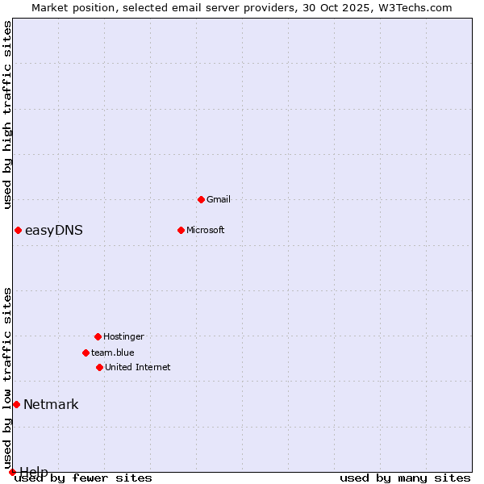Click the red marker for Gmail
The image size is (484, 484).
click(x=201, y=199)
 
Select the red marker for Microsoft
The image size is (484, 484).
click(x=181, y=230)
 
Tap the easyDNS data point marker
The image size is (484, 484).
click(x=18, y=231)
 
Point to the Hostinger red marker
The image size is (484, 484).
click(x=98, y=336)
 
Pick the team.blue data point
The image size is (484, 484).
click(x=86, y=353)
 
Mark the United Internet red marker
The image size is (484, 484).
click(x=99, y=367)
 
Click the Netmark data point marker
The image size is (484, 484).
click(x=16, y=404)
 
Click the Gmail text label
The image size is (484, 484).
click(x=219, y=199)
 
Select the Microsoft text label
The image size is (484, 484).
click(x=206, y=230)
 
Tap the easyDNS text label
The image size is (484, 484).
click(x=54, y=231)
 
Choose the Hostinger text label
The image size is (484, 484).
click(x=123, y=336)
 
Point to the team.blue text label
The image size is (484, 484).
click(x=113, y=353)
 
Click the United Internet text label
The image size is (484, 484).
click(x=138, y=367)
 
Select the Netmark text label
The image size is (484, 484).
click(x=51, y=404)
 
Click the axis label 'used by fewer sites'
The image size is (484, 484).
click(x=84, y=478)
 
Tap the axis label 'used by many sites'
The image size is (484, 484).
click(x=405, y=478)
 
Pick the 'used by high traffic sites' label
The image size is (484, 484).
click(x=8, y=115)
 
